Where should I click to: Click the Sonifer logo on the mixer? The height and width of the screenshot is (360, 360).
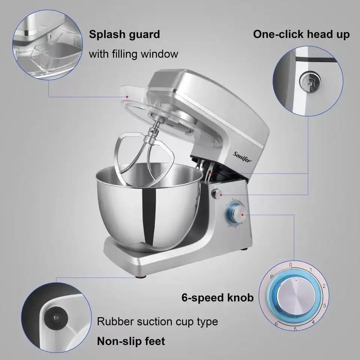(x=242, y=157)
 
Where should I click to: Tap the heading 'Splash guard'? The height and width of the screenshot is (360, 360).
(x=124, y=34)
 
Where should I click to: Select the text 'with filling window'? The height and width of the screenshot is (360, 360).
(x=133, y=54)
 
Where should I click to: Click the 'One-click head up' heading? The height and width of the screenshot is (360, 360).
(x=301, y=34)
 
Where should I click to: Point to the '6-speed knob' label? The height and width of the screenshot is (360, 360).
(x=217, y=297)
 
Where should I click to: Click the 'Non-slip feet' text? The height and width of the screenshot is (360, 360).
(x=131, y=341)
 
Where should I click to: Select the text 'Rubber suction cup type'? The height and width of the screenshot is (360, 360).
(x=157, y=322)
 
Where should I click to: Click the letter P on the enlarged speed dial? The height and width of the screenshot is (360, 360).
(x=272, y=277)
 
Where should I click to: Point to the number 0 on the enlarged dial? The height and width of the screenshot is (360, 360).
(x=291, y=265)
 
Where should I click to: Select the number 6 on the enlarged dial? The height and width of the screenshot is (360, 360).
(x=276, y=324)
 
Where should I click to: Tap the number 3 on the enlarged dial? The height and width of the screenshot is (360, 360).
(x=324, y=306)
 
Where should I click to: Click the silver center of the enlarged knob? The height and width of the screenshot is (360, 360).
(x=296, y=296)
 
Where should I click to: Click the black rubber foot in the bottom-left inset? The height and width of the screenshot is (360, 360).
(x=56, y=318)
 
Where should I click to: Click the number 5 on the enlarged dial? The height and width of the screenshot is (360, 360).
(x=295, y=329)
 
